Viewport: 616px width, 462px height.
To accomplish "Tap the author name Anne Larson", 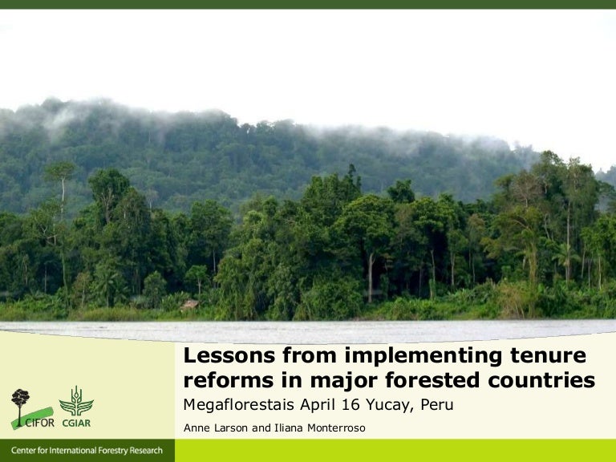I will click(216, 428).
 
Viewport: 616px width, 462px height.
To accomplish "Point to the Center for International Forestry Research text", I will click(87, 451).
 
